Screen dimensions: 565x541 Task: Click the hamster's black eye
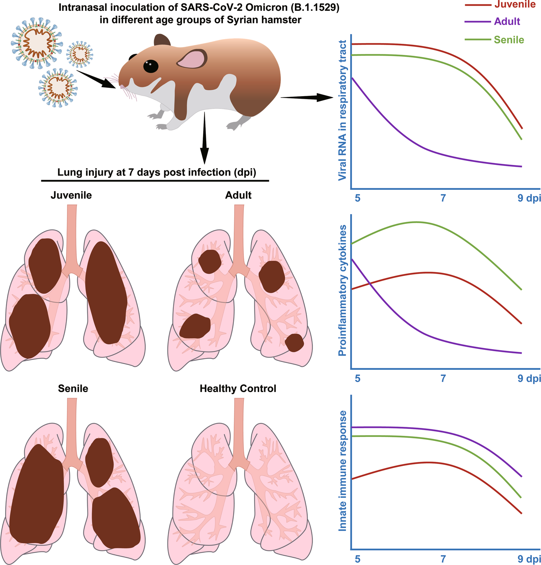click(151, 66)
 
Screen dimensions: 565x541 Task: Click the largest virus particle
click(37, 42)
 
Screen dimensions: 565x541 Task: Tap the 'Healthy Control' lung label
click(238, 388)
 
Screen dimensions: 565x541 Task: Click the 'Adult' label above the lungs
click(238, 195)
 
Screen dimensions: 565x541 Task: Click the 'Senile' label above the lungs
click(73, 388)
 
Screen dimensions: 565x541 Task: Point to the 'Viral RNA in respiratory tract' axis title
click(342, 110)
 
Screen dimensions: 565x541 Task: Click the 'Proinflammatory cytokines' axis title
click(342, 290)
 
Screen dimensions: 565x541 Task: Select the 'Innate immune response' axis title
click(342, 471)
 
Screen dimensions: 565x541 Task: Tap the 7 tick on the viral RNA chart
click(443, 198)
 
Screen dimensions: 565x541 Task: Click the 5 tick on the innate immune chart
click(358, 559)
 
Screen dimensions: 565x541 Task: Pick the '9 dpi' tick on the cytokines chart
click(529, 378)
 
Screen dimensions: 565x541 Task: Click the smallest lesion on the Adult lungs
click(295, 343)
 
